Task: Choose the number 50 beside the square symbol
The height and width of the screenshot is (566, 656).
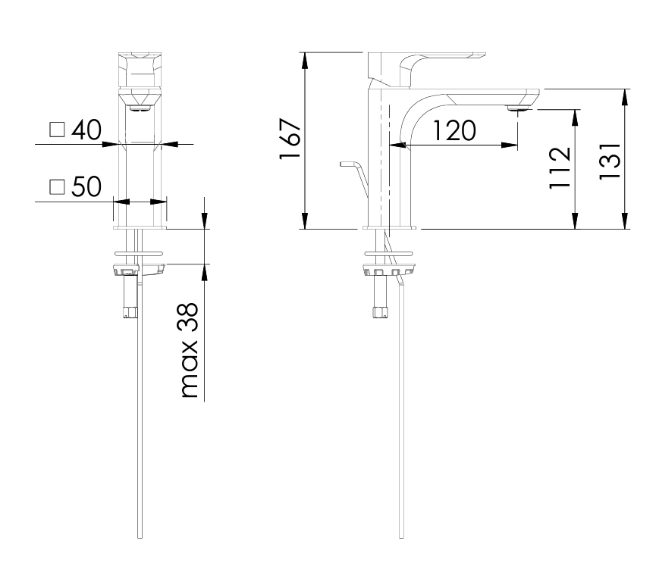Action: tap(84, 187)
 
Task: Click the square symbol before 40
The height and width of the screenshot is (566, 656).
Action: tap(57, 130)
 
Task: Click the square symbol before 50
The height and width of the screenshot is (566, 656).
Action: tap(57, 188)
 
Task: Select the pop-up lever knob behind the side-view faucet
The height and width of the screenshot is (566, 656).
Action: tap(349, 164)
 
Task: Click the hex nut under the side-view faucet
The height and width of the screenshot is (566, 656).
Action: tap(381, 311)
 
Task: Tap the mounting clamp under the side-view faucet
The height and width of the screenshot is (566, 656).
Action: tap(390, 270)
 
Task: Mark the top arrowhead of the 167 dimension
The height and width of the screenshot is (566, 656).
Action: tap(305, 58)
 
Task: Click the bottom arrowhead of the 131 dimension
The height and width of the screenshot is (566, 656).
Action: tap(625, 224)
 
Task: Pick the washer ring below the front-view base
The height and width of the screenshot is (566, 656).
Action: tap(139, 251)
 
